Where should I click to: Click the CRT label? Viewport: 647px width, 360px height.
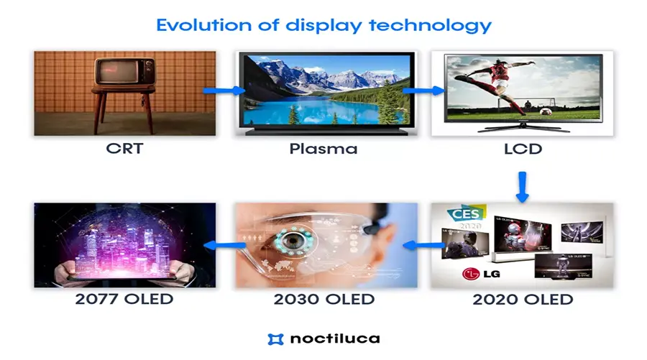click(x=124, y=150)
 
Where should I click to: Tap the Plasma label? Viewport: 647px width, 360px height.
click(x=323, y=150)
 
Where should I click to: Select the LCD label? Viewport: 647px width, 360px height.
click(x=523, y=150)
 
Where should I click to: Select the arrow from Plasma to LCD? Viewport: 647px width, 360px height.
click(x=422, y=91)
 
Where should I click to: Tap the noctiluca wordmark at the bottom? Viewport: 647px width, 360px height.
click(x=335, y=338)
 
